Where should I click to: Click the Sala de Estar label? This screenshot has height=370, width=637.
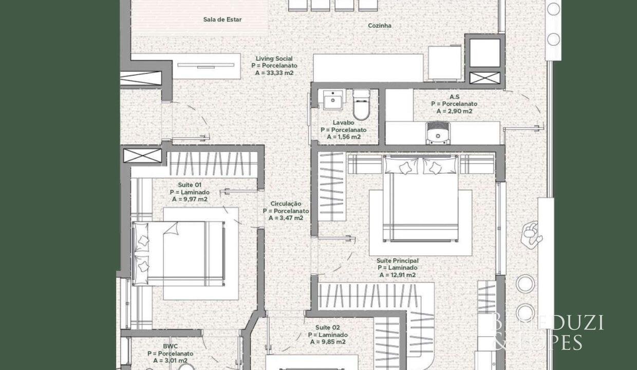click(x=222, y=20)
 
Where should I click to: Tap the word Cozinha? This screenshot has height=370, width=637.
click(x=380, y=26)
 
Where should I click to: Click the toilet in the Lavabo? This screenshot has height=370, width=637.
click(x=361, y=104)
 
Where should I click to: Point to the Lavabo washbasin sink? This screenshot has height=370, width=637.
click(x=333, y=99)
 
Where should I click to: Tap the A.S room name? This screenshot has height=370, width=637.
click(x=455, y=97)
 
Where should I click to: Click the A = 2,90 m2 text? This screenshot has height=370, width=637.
click(x=455, y=111)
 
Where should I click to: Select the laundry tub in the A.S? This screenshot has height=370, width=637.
click(x=438, y=133)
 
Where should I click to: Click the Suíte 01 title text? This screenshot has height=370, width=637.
click(x=190, y=185)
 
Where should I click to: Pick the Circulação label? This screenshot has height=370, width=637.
click(x=286, y=204)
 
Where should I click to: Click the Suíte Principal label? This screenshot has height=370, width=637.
click(x=398, y=261)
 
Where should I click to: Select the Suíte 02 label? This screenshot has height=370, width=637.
click(x=328, y=328)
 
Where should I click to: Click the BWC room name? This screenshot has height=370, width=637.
click(x=171, y=346)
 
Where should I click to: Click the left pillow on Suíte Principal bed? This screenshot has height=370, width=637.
click(x=401, y=166)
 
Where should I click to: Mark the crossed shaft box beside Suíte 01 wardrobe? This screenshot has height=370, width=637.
click(x=142, y=156)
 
